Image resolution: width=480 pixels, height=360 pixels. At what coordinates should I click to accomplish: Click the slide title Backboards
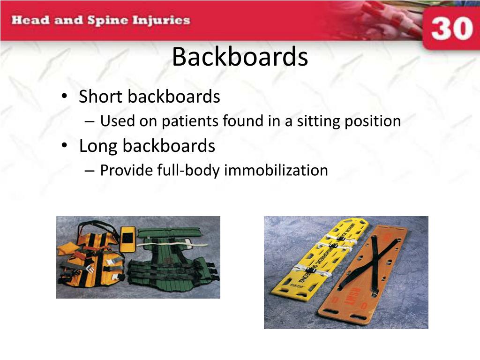click(240, 57)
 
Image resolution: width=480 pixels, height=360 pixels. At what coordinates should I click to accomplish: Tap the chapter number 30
click(451, 29)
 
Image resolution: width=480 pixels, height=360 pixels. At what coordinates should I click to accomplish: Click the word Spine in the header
click(107, 21)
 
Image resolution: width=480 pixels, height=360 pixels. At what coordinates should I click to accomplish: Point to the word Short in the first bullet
click(101, 97)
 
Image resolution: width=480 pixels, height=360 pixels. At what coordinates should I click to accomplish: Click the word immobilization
click(276, 170)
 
